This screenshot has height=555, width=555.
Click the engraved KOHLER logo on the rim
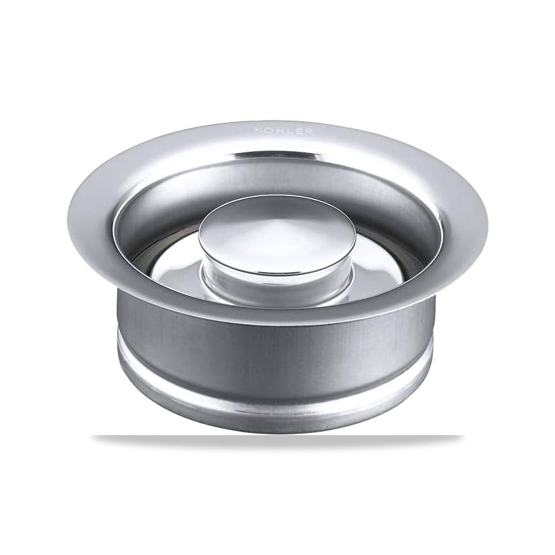(x=284, y=130)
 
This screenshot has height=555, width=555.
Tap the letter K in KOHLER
(x=259, y=130)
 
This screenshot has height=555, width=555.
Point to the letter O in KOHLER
(x=268, y=130)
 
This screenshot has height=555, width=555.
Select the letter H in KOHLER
(x=278, y=130)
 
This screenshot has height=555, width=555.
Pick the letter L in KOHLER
(x=287, y=130)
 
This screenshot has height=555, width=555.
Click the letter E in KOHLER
(x=297, y=130)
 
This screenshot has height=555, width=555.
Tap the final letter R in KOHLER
(x=307, y=131)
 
